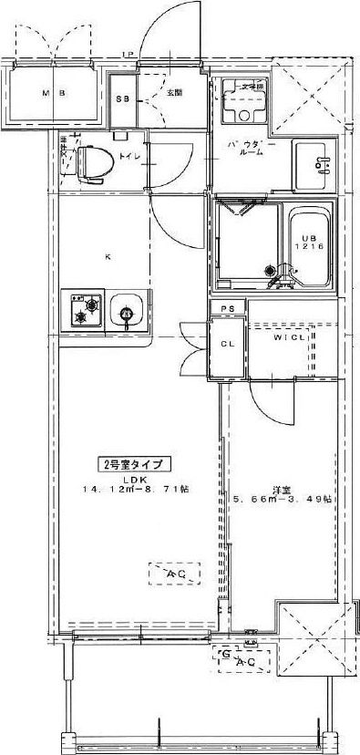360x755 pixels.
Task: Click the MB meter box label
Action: pos(54,94)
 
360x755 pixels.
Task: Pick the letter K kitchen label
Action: pos(108,257)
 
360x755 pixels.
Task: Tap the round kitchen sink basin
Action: pos(126,315)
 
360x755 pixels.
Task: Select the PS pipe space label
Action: pos(225,310)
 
